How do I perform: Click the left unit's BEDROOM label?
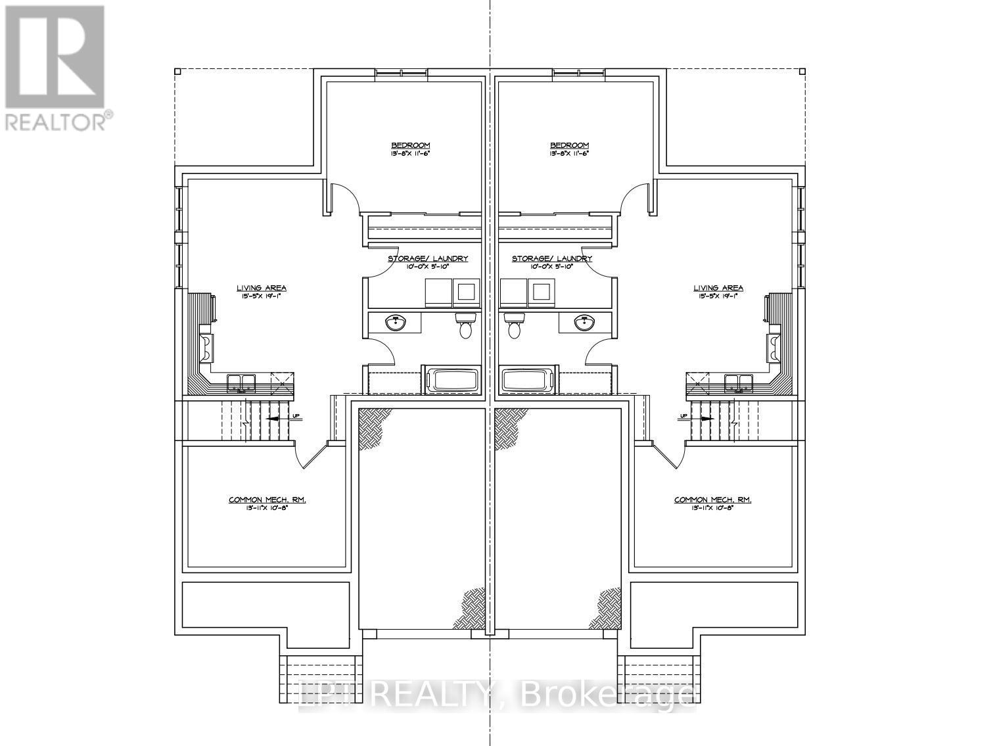[411, 145]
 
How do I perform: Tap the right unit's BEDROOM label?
[569, 145]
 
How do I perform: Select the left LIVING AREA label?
[262, 288]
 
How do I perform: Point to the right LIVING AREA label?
[718, 288]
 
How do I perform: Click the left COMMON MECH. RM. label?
[267, 500]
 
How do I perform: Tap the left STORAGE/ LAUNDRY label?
[428, 258]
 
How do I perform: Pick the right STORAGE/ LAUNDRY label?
[552, 258]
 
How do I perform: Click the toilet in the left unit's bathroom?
[465, 325]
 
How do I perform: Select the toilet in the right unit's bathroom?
[515, 325]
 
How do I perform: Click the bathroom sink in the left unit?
[396, 323]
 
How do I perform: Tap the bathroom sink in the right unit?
[584, 323]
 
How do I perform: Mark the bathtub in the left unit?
[454, 381]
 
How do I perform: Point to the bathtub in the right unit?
[526, 381]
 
